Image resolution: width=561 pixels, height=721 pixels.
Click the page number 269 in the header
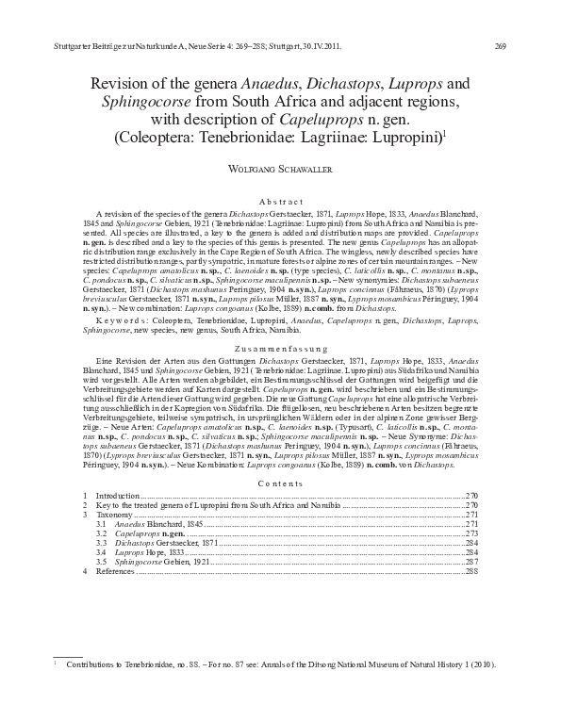pyautogui.click(x=500, y=45)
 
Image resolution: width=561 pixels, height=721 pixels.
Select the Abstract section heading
pyautogui.click(x=280, y=202)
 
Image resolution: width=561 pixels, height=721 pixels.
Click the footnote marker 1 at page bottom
pyautogui.click(x=58, y=664)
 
